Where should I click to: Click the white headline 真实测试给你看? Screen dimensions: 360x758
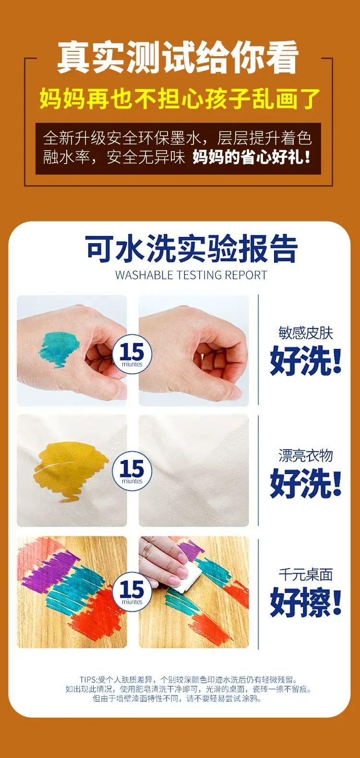[178, 58]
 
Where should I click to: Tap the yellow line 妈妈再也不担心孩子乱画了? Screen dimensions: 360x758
[180, 99]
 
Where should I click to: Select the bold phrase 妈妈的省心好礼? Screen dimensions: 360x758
[252, 157]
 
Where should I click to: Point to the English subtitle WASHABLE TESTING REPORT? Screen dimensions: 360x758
[192, 275]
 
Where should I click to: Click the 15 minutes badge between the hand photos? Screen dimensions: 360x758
[132, 354]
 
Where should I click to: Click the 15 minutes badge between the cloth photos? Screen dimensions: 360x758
[132, 471]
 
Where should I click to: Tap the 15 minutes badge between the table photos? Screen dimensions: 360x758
[132, 592]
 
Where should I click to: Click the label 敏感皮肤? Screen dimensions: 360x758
[306, 333]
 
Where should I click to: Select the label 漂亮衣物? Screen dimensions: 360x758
[306, 455]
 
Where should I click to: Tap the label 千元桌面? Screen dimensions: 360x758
[306, 575]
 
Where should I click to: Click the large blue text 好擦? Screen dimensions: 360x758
[306, 601]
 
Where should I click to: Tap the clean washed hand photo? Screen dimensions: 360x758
[194, 351]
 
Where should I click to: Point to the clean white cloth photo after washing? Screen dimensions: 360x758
[194, 471]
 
